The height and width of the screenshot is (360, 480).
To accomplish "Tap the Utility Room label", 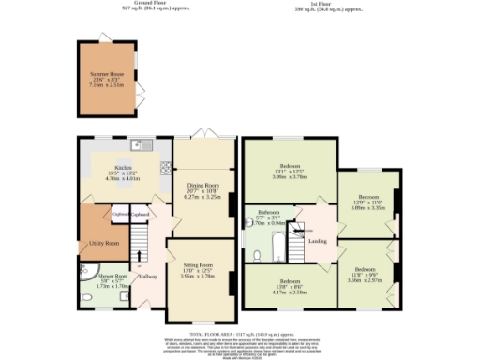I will point(103,243).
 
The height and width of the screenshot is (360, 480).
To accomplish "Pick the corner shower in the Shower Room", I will point(87,278).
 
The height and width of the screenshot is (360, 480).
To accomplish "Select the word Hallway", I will point(148,275).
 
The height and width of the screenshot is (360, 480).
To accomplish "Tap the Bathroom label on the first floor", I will point(270,212).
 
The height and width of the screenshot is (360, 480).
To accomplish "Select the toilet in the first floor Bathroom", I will point(255,253).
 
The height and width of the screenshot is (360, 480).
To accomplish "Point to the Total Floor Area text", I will point(242,334).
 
